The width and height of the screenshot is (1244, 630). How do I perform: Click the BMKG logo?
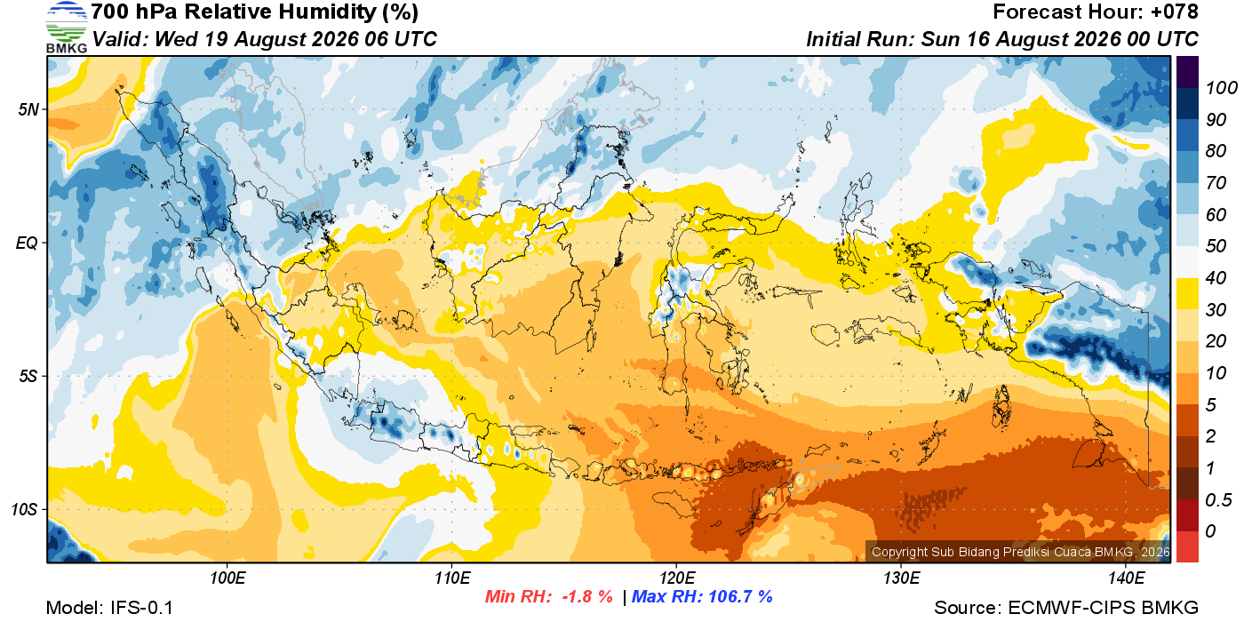[67, 27]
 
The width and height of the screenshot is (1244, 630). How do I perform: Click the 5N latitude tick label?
[28, 109]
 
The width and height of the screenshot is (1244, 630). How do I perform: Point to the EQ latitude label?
[27, 243]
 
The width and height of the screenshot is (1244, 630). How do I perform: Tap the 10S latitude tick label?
[25, 509]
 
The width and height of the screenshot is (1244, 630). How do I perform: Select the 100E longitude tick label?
[227, 578]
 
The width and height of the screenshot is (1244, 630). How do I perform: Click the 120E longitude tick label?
[677, 578]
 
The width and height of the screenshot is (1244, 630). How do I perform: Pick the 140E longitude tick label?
[1127, 578]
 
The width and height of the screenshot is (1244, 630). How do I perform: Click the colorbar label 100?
[1221, 88]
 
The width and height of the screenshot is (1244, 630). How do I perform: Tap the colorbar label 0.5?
[1218, 500]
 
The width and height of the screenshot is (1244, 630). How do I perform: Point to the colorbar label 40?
[1216, 278]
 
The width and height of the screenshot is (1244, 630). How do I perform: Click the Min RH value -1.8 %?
[587, 597]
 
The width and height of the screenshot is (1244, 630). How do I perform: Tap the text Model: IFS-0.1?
[109, 608]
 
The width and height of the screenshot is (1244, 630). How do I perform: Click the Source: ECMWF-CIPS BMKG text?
[1066, 608]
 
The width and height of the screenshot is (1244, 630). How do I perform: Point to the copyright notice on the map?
[1020, 552]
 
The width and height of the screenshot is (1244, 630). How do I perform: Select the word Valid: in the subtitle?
[121, 39]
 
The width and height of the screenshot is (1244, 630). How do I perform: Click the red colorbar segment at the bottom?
[1187, 546]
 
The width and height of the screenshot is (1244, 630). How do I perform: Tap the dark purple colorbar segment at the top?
[1187, 72]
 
